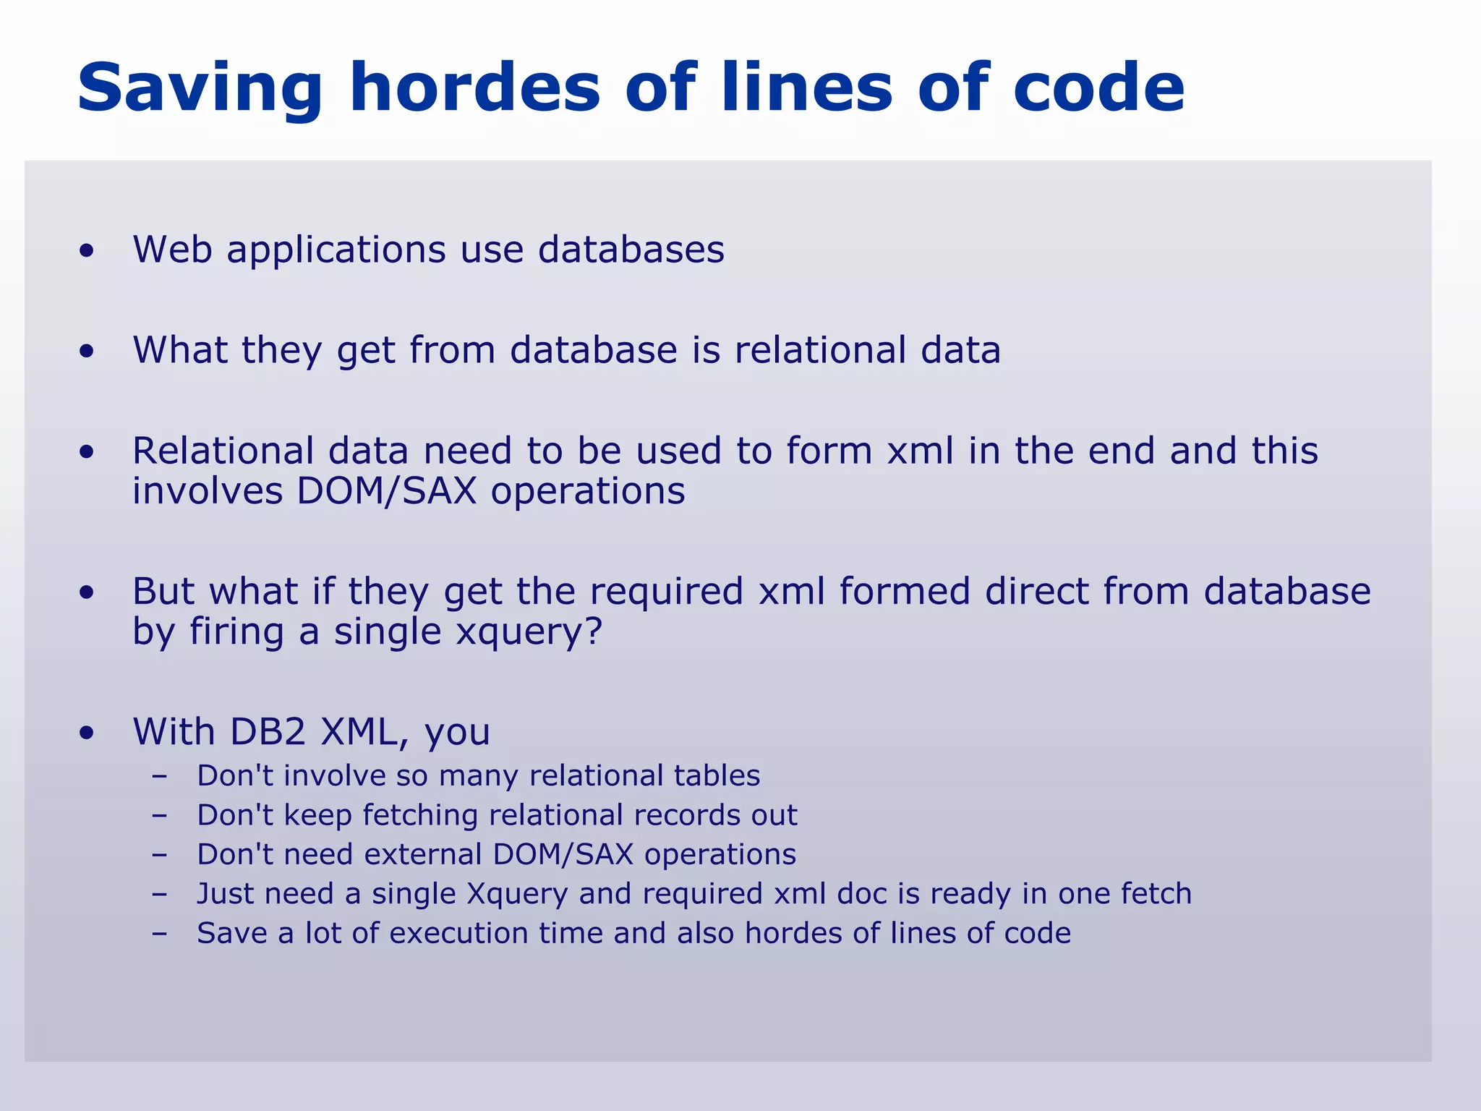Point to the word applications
[x=336, y=251]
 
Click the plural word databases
[x=631, y=250]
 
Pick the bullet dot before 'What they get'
[x=87, y=352]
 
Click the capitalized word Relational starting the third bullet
[x=223, y=451]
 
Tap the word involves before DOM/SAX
[x=208, y=491]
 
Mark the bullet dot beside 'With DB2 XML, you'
[x=87, y=733]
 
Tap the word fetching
[x=420, y=815]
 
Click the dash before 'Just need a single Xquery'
[x=160, y=894]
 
